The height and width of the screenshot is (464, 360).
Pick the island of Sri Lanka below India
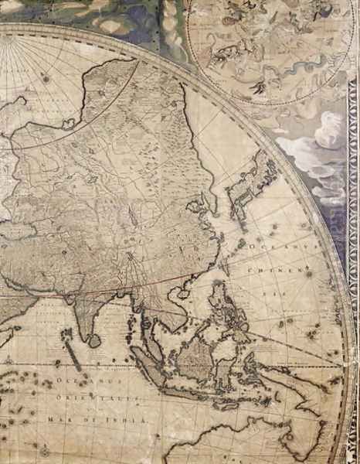[x=93, y=339]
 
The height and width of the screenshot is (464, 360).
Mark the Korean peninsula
[x=209, y=203]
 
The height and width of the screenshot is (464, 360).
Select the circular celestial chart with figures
[x=263, y=46]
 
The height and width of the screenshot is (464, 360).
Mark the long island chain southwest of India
[x=71, y=353]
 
